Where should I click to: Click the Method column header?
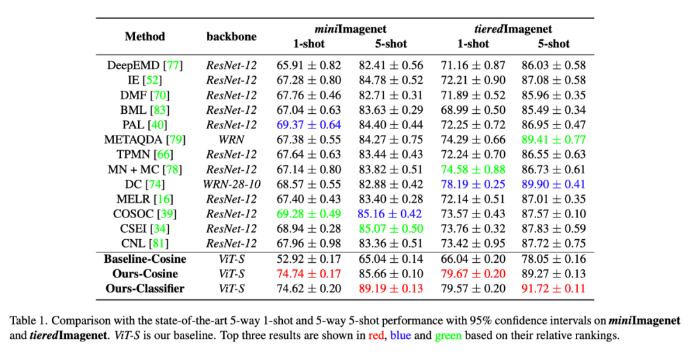tap(145, 36)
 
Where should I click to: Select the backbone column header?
tap(231, 36)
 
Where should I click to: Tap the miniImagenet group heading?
tap(350, 29)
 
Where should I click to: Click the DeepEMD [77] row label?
tap(145, 65)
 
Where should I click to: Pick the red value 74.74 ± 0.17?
tap(308, 274)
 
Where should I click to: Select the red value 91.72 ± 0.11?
tap(553, 288)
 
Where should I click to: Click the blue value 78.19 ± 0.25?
tap(473, 184)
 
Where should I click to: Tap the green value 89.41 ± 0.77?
tap(553, 139)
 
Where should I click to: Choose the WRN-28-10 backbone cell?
tap(231, 184)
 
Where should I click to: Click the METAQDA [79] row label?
tap(145, 139)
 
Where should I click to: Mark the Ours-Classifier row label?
tap(145, 288)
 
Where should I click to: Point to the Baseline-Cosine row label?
tap(145, 259)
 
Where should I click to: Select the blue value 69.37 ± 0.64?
tap(308, 125)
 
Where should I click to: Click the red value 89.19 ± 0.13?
tap(390, 288)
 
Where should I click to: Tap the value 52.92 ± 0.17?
tap(308, 259)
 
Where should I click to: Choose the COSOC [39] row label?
tap(145, 214)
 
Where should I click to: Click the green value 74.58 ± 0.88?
tap(473, 169)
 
